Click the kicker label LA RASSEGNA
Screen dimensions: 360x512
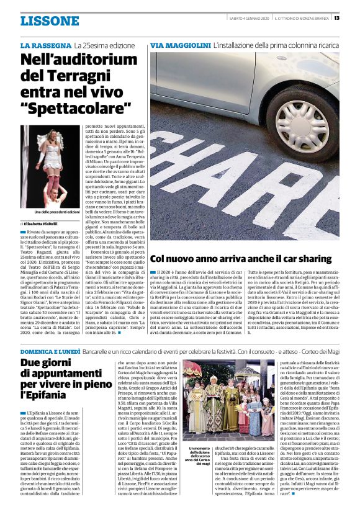click(45, 47)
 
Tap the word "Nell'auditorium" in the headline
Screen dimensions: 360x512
click(79, 60)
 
